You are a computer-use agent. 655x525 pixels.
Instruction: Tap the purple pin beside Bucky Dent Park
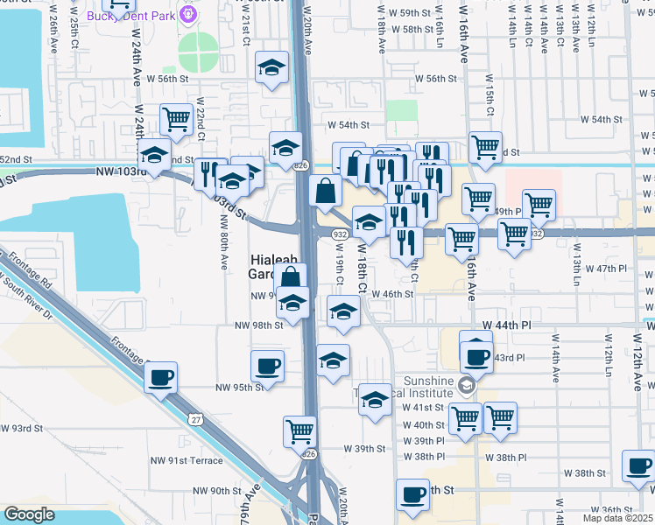[187, 14]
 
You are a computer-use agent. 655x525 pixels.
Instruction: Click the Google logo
[29, 514]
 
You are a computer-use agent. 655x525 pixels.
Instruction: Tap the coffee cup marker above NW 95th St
[267, 365]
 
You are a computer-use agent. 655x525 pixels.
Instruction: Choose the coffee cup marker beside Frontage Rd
[160, 378]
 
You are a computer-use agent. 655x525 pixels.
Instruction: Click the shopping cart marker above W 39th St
[299, 430]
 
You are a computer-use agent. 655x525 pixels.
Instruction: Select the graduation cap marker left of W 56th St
[272, 66]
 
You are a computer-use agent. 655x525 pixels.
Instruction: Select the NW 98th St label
[258, 325]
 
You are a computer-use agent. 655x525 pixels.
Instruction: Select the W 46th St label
[391, 294]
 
